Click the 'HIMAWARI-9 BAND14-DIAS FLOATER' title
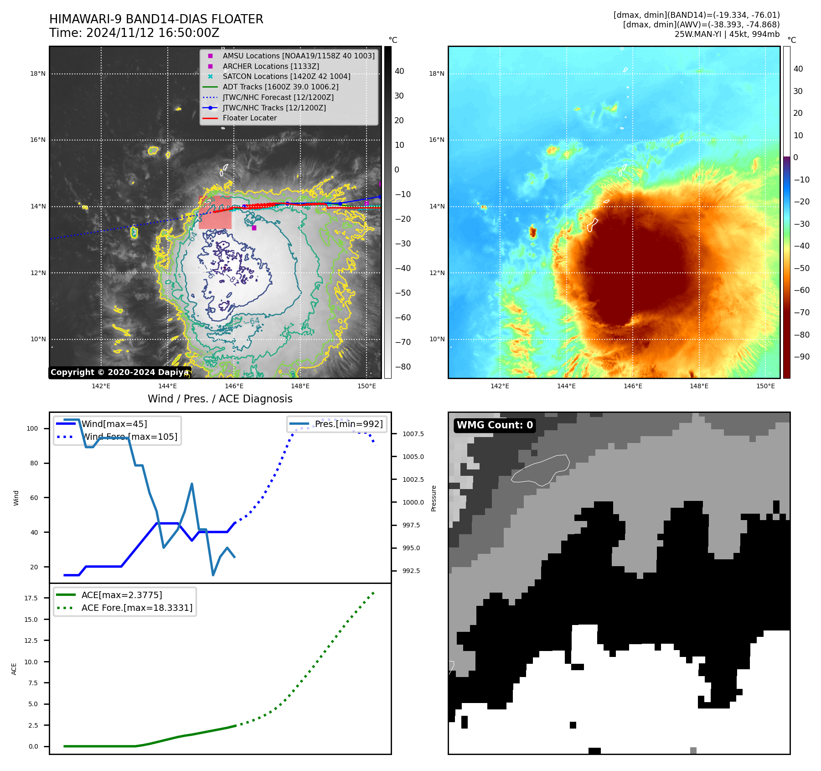click(x=156, y=19)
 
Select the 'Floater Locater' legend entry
click(x=249, y=118)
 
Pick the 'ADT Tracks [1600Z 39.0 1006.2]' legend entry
click(x=280, y=87)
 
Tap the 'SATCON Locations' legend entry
click(x=286, y=77)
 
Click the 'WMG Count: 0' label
click(x=495, y=425)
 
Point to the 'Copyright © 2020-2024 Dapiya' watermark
click(x=119, y=372)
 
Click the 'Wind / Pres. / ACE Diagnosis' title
click(x=220, y=399)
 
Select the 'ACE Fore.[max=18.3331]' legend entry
click(x=137, y=608)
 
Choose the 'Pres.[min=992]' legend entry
click(x=348, y=424)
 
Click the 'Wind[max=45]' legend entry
click(x=114, y=424)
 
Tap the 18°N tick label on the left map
click(x=38, y=73)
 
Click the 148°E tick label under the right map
click(x=699, y=386)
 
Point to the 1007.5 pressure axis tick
click(x=413, y=434)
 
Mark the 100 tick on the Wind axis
click(x=32, y=428)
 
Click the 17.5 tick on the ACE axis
click(x=31, y=598)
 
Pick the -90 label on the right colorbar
click(x=801, y=357)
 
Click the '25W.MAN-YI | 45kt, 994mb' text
click(x=727, y=34)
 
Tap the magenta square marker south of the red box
click(x=254, y=228)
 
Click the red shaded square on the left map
click(x=215, y=213)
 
